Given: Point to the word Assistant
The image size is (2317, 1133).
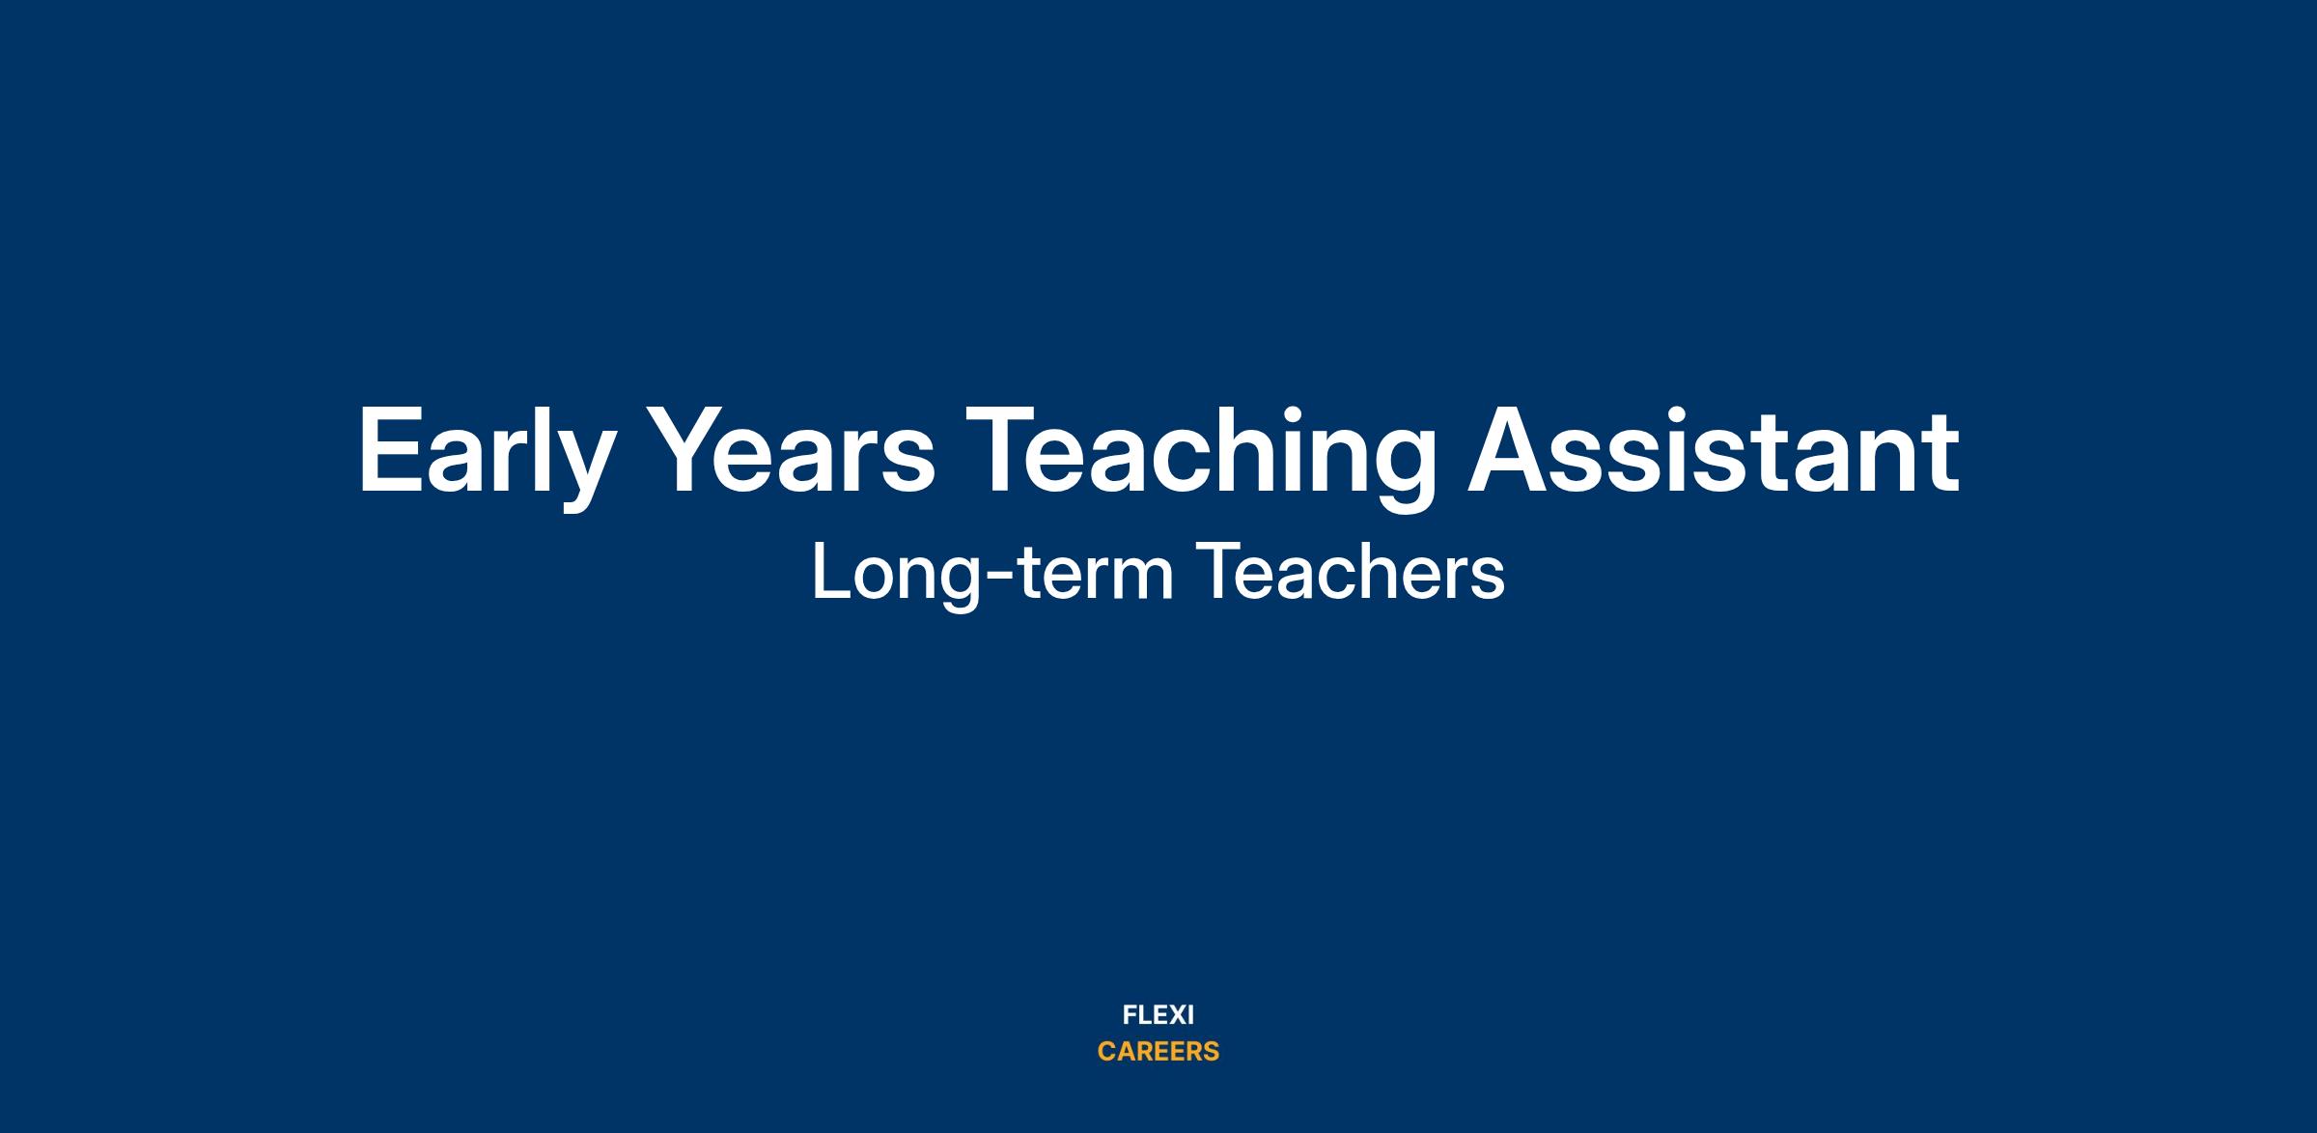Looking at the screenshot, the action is [x=1714, y=449].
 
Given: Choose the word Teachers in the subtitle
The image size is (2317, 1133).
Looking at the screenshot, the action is [x=1351, y=572].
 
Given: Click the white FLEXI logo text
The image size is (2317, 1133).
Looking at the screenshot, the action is [x=1158, y=1015].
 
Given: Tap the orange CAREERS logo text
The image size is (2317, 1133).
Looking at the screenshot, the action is [x=1158, y=1052].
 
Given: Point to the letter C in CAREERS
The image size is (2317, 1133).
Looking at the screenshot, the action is [x=1107, y=1052].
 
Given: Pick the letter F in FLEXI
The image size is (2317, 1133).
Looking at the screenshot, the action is [x=1130, y=1015].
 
